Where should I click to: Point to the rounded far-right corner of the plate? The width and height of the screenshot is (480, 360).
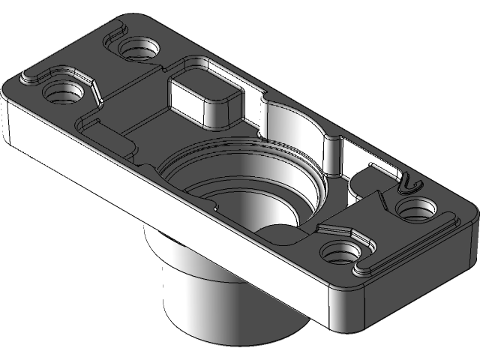coord(472,217)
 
